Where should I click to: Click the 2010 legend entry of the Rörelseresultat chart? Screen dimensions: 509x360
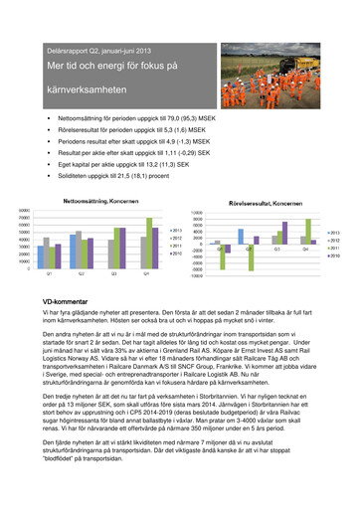click(333, 256)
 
